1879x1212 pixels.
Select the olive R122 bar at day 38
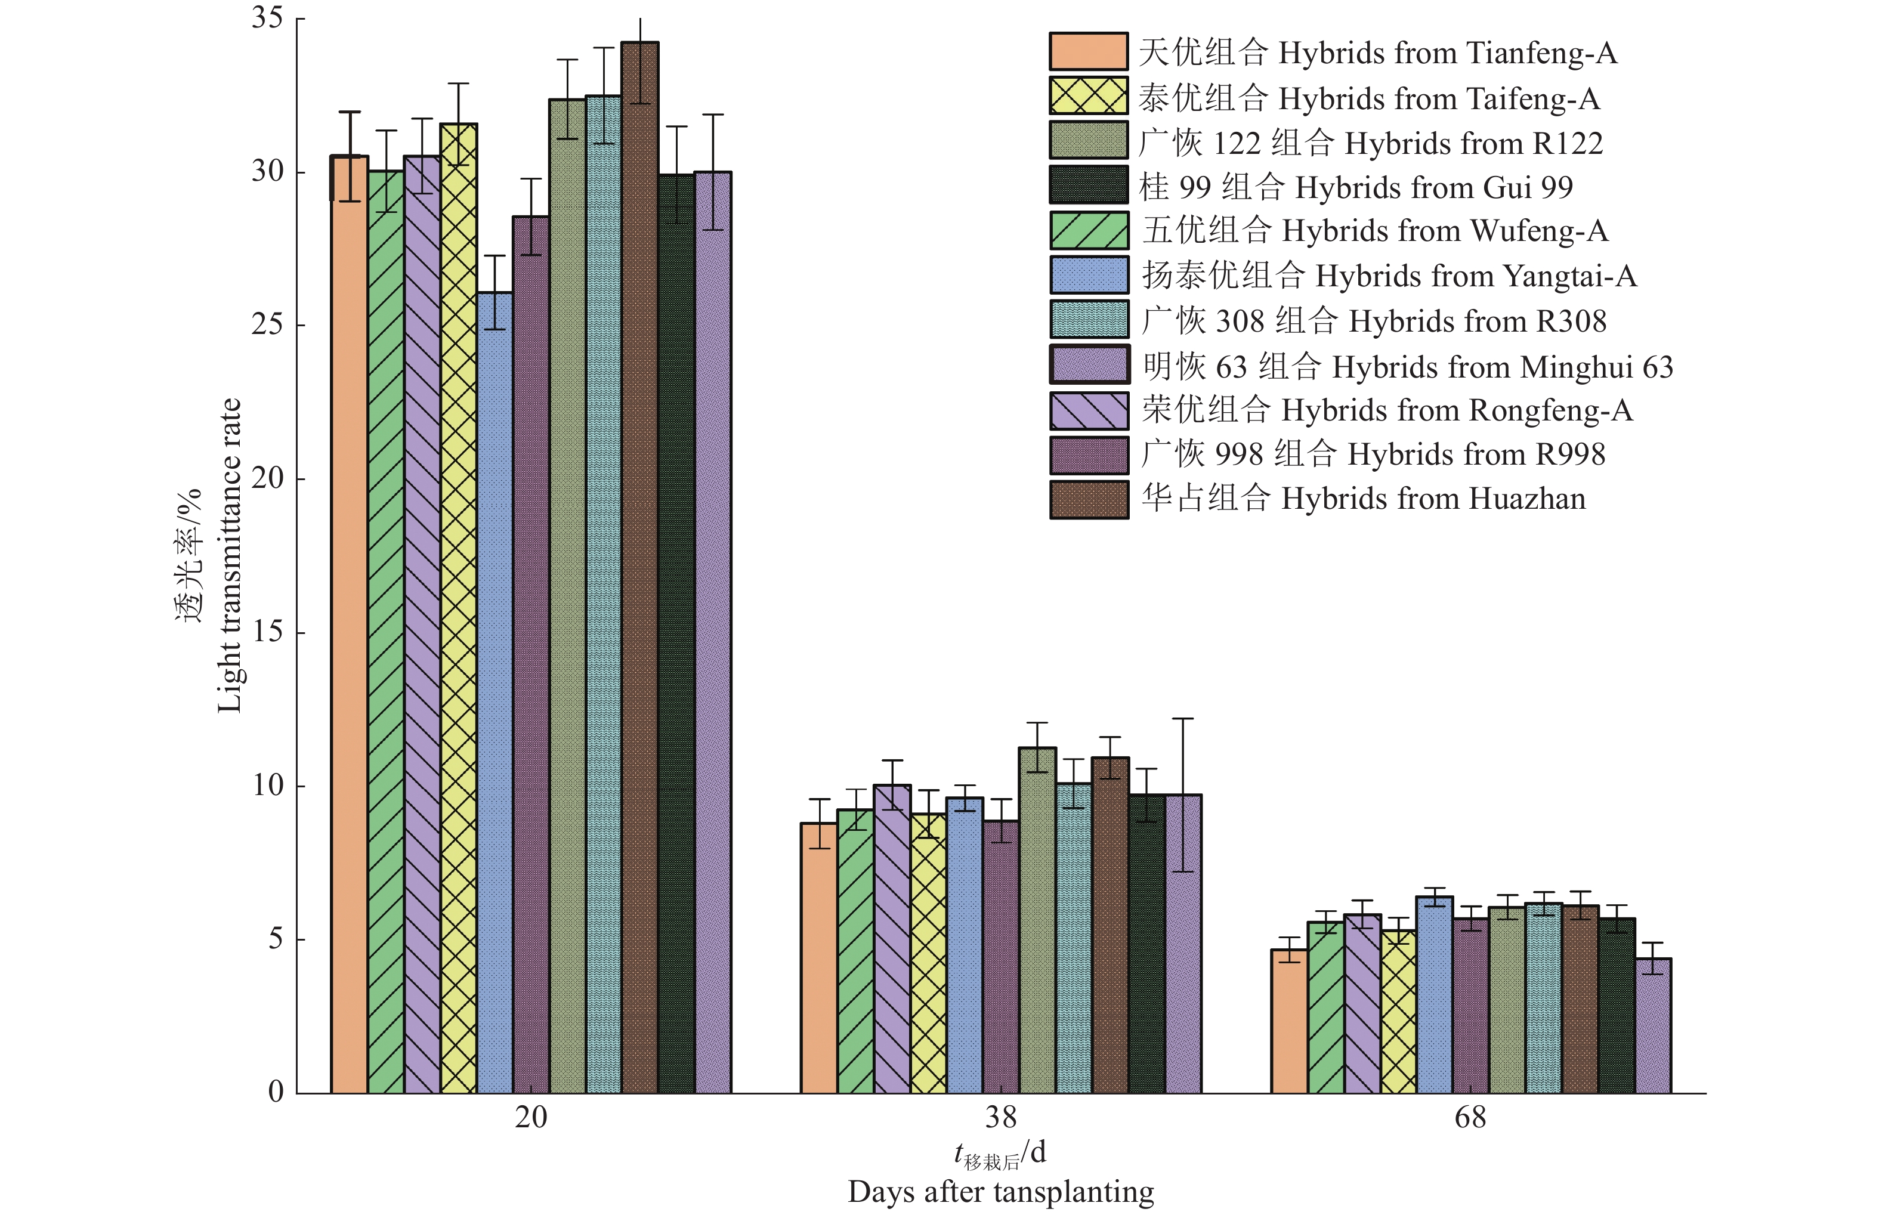[x=1037, y=921]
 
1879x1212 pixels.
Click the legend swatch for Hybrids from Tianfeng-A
[x=1088, y=52]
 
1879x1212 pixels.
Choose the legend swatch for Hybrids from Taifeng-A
[x=1088, y=96]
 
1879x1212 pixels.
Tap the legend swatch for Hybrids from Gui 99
[x=1088, y=185]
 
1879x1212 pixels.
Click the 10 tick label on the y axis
[x=267, y=786]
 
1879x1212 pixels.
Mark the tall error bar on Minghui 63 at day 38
[x=1183, y=795]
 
